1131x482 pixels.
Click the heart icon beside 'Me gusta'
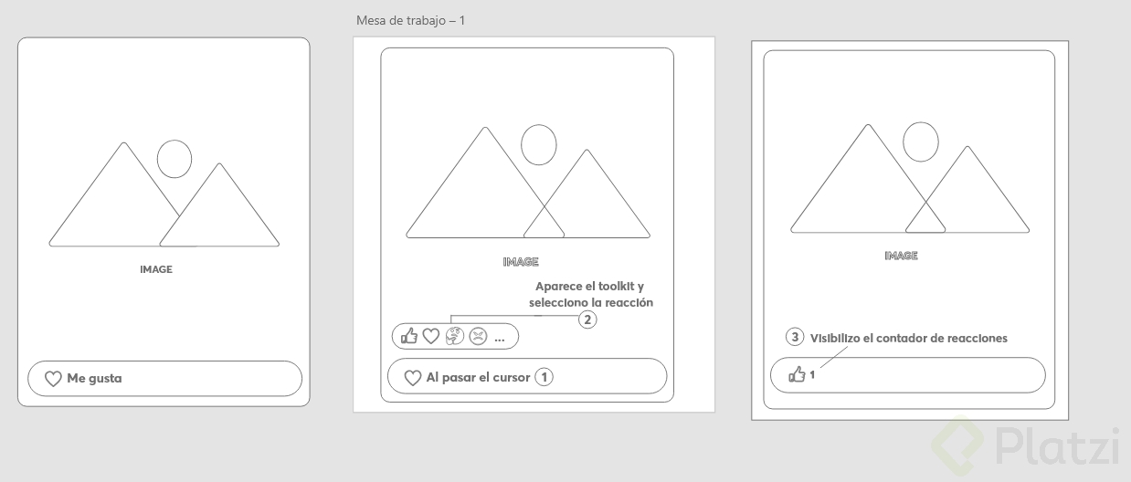pyautogui.click(x=53, y=379)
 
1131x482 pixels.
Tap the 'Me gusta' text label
pyautogui.click(x=94, y=378)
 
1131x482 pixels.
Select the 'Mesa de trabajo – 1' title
pyautogui.click(x=410, y=20)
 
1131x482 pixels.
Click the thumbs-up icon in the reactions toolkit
pyautogui.click(x=409, y=336)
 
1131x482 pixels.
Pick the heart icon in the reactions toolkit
pyautogui.click(x=430, y=336)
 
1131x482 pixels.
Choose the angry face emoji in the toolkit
pyautogui.click(x=478, y=336)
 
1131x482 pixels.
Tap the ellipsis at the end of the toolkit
pyautogui.click(x=500, y=340)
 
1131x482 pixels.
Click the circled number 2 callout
pyautogui.click(x=587, y=320)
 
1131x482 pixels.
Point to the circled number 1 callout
pyautogui.click(x=544, y=377)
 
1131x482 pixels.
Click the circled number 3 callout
pyautogui.click(x=795, y=337)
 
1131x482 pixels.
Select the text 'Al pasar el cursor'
pyautogui.click(x=478, y=378)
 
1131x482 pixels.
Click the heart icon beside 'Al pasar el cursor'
pyautogui.click(x=413, y=378)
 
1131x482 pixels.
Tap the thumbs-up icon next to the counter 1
pyautogui.click(x=797, y=374)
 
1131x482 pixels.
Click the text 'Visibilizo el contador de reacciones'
pyautogui.click(x=909, y=338)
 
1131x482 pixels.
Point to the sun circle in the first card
pyautogui.click(x=174, y=159)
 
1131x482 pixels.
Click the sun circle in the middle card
pyautogui.click(x=539, y=145)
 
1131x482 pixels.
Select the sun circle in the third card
pyautogui.click(x=921, y=141)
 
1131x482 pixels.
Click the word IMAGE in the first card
pyautogui.click(x=156, y=269)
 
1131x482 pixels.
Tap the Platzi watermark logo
pyautogui.click(x=1025, y=445)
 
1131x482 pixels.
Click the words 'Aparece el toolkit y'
pyautogui.click(x=590, y=286)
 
